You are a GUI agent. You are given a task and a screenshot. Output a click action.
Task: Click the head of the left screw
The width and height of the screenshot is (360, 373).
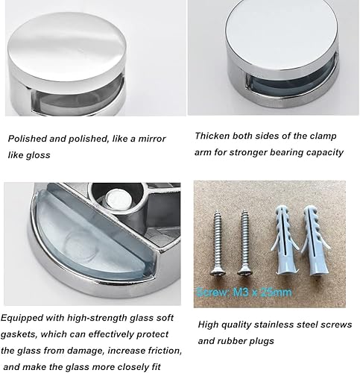tap(218, 270)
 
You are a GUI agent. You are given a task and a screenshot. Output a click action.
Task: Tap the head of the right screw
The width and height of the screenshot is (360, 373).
tap(244, 270)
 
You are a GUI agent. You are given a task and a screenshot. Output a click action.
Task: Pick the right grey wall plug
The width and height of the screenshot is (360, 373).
tap(316, 239)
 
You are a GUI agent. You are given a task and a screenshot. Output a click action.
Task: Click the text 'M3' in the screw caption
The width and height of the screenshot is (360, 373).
tap(240, 292)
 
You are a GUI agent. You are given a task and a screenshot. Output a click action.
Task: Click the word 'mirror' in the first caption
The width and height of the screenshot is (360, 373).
tap(151, 139)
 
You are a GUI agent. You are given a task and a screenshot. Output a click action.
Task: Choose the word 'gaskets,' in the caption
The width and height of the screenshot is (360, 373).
tap(19, 335)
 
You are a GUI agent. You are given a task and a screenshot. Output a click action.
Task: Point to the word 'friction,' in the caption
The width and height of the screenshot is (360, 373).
tap(165, 351)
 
